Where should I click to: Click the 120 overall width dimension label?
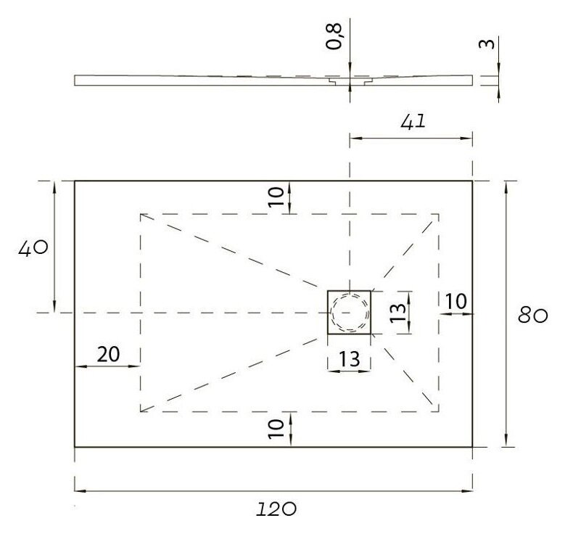(x=276, y=509)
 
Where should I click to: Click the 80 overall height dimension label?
(x=533, y=315)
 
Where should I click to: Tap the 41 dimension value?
(x=413, y=121)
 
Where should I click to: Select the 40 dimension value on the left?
(x=33, y=249)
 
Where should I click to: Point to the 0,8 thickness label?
(x=334, y=36)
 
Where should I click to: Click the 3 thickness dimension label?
(x=487, y=44)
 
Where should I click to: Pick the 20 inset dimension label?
(x=108, y=354)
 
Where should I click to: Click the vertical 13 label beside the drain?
(x=398, y=313)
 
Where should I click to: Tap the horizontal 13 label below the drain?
(x=350, y=359)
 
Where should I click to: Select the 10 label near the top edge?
(x=276, y=197)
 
